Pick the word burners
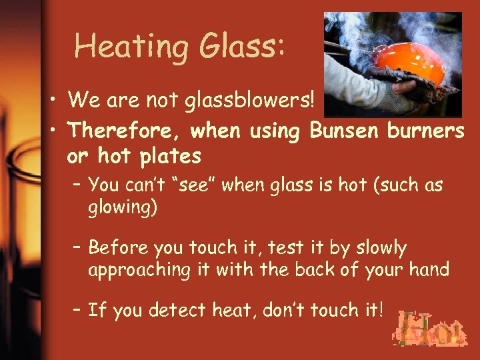click(426, 131)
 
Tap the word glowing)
click(123, 207)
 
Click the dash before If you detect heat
click(77, 311)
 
